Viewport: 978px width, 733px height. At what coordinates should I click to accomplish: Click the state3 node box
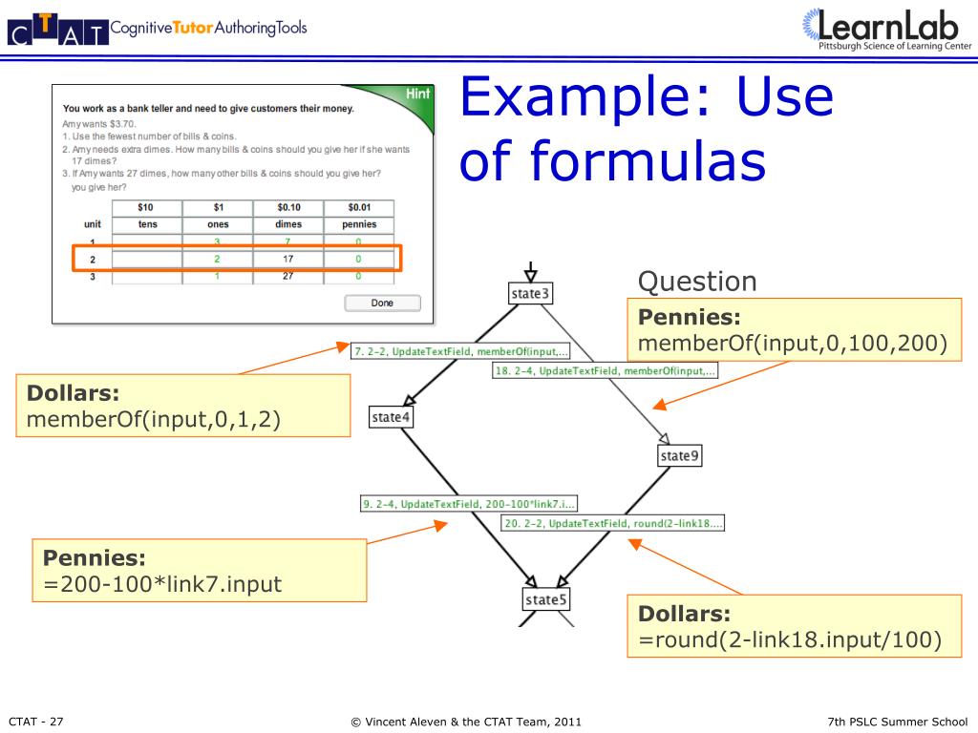point(530,294)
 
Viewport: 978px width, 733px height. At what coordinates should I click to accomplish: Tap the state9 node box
point(680,456)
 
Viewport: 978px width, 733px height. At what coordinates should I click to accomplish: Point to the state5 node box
point(545,599)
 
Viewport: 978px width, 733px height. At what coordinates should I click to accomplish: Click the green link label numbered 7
point(460,351)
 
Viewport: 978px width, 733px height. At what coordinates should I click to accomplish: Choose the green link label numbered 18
point(606,370)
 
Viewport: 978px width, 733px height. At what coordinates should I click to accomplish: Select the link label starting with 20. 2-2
point(613,523)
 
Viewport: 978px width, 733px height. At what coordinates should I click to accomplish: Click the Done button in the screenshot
point(382,303)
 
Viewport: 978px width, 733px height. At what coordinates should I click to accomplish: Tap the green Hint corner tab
point(417,94)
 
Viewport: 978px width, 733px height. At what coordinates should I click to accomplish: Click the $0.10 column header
point(287,207)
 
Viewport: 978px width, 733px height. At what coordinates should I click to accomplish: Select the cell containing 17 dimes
point(287,259)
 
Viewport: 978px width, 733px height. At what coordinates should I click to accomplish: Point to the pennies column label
point(358,224)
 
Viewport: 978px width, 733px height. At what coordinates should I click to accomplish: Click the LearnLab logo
point(885,29)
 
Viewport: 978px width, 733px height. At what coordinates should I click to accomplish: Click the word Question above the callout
point(697,282)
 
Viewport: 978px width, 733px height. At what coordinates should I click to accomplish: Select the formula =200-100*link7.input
point(157,583)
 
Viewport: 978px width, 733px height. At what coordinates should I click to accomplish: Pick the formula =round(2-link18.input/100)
point(784,639)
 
